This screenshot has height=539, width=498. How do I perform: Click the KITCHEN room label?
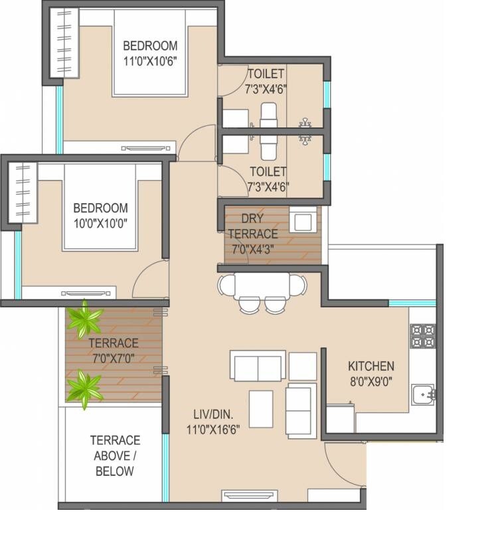tap(371, 366)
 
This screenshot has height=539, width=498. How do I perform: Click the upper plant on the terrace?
tap(84, 319)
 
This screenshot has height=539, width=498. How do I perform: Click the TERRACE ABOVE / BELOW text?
tap(115, 455)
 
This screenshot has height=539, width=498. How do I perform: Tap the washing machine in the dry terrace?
tap(303, 219)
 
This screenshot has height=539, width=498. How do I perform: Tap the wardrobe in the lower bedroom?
tap(23, 193)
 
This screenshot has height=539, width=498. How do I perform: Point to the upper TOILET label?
tap(266, 73)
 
